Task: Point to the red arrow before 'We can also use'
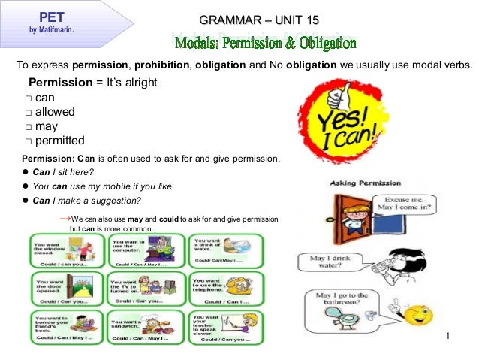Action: pyautogui.click(x=64, y=217)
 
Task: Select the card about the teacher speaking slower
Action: pyautogui.click(x=224, y=327)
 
